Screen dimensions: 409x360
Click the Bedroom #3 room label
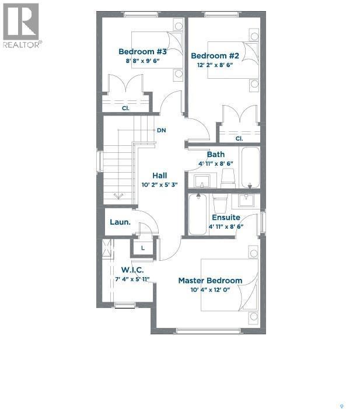pyautogui.click(x=142, y=51)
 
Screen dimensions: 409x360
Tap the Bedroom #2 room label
pyautogui.click(x=215, y=56)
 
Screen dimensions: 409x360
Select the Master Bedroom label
pyautogui.click(x=210, y=281)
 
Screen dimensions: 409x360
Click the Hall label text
pyautogui.click(x=159, y=175)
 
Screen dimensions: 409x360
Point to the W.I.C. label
pyautogui.click(x=132, y=270)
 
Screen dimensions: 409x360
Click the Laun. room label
pyautogui.click(x=120, y=222)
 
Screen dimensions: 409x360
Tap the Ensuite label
pyautogui.click(x=226, y=218)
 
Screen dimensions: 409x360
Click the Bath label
pyautogui.click(x=216, y=155)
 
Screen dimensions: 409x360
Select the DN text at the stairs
pyautogui.click(x=162, y=130)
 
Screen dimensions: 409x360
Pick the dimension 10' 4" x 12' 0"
pyautogui.click(x=210, y=290)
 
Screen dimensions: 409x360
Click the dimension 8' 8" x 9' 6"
pyautogui.click(x=142, y=60)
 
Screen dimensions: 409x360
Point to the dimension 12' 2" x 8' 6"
pyautogui.click(x=215, y=65)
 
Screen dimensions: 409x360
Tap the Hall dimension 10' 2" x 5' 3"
pyautogui.click(x=159, y=184)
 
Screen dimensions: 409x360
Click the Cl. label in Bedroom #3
pyautogui.click(x=125, y=109)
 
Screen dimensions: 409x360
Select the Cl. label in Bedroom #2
pyautogui.click(x=239, y=139)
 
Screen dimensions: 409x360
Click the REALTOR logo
pyautogui.click(x=21, y=26)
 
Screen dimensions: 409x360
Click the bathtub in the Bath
pyautogui.click(x=251, y=167)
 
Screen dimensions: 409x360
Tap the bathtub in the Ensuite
pyautogui.click(x=197, y=215)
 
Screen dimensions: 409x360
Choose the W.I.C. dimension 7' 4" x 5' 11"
pyautogui.click(x=132, y=279)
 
